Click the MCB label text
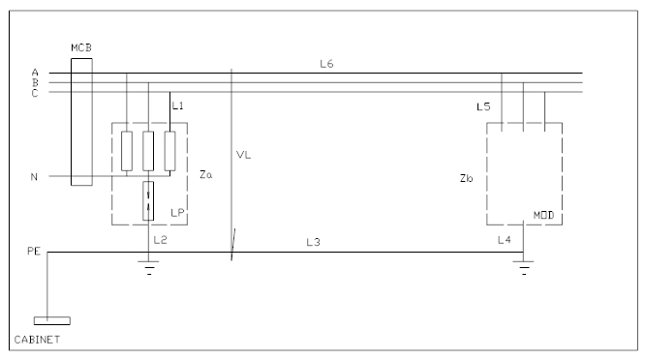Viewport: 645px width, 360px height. (81, 48)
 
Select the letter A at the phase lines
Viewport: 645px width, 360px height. (35, 73)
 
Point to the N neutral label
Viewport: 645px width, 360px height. (34, 177)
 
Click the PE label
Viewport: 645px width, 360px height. (34, 251)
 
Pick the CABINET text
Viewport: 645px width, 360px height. (37, 340)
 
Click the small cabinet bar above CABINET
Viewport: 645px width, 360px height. (52, 320)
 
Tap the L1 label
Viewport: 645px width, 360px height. (177, 106)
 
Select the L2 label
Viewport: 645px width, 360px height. (161, 240)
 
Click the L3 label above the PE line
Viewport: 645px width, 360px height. (313, 242)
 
